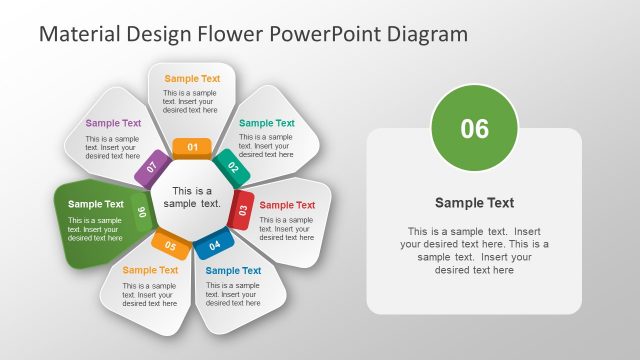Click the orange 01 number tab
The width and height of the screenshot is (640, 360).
(192, 148)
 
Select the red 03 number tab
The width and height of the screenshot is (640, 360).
(242, 210)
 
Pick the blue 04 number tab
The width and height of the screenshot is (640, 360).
(214, 244)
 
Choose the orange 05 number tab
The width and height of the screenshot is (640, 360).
(170, 244)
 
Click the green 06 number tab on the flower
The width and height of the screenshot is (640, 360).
(143, 211)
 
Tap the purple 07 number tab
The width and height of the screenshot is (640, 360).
(152, 167)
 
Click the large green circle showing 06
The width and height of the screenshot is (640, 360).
(474, 128)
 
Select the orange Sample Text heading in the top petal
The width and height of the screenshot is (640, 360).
(192, 78)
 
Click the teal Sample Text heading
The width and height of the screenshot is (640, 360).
(267, 123)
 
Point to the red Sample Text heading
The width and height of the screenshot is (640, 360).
(287, 205)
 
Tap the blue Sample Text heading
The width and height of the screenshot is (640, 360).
(233, 270)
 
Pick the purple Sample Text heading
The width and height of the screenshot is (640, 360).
(113, 123)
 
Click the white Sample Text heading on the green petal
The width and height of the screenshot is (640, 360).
(96, 204)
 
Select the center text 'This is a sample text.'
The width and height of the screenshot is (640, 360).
(192, 197)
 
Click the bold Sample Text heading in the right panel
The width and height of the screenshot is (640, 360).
(474, 203)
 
